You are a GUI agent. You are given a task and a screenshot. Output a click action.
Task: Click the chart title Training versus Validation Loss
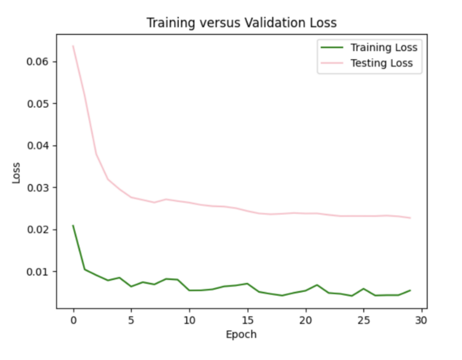241,23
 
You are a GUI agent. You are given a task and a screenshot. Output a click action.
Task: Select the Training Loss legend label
384,47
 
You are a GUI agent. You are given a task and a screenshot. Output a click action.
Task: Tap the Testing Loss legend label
381,63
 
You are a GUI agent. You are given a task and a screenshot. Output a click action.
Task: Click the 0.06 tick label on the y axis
39,62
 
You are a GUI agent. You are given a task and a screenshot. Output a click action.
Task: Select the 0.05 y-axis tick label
39,104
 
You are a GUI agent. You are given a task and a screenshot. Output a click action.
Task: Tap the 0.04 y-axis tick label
39,145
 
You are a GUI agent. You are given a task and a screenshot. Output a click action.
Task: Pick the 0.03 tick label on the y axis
39,187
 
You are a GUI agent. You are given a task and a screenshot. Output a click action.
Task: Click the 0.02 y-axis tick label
39,229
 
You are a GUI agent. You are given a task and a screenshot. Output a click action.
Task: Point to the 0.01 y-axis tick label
39,271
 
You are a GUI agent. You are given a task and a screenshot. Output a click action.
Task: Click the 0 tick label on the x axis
73,321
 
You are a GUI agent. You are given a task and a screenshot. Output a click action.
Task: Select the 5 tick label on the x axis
131,321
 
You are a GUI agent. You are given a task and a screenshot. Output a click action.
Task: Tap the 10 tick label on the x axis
189,321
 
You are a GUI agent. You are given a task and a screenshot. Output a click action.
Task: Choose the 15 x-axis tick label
247,321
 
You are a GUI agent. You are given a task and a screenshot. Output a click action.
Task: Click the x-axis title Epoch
241,335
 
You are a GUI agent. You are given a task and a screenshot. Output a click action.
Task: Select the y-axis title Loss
17,173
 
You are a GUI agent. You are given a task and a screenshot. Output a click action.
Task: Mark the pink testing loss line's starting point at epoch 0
73,46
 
